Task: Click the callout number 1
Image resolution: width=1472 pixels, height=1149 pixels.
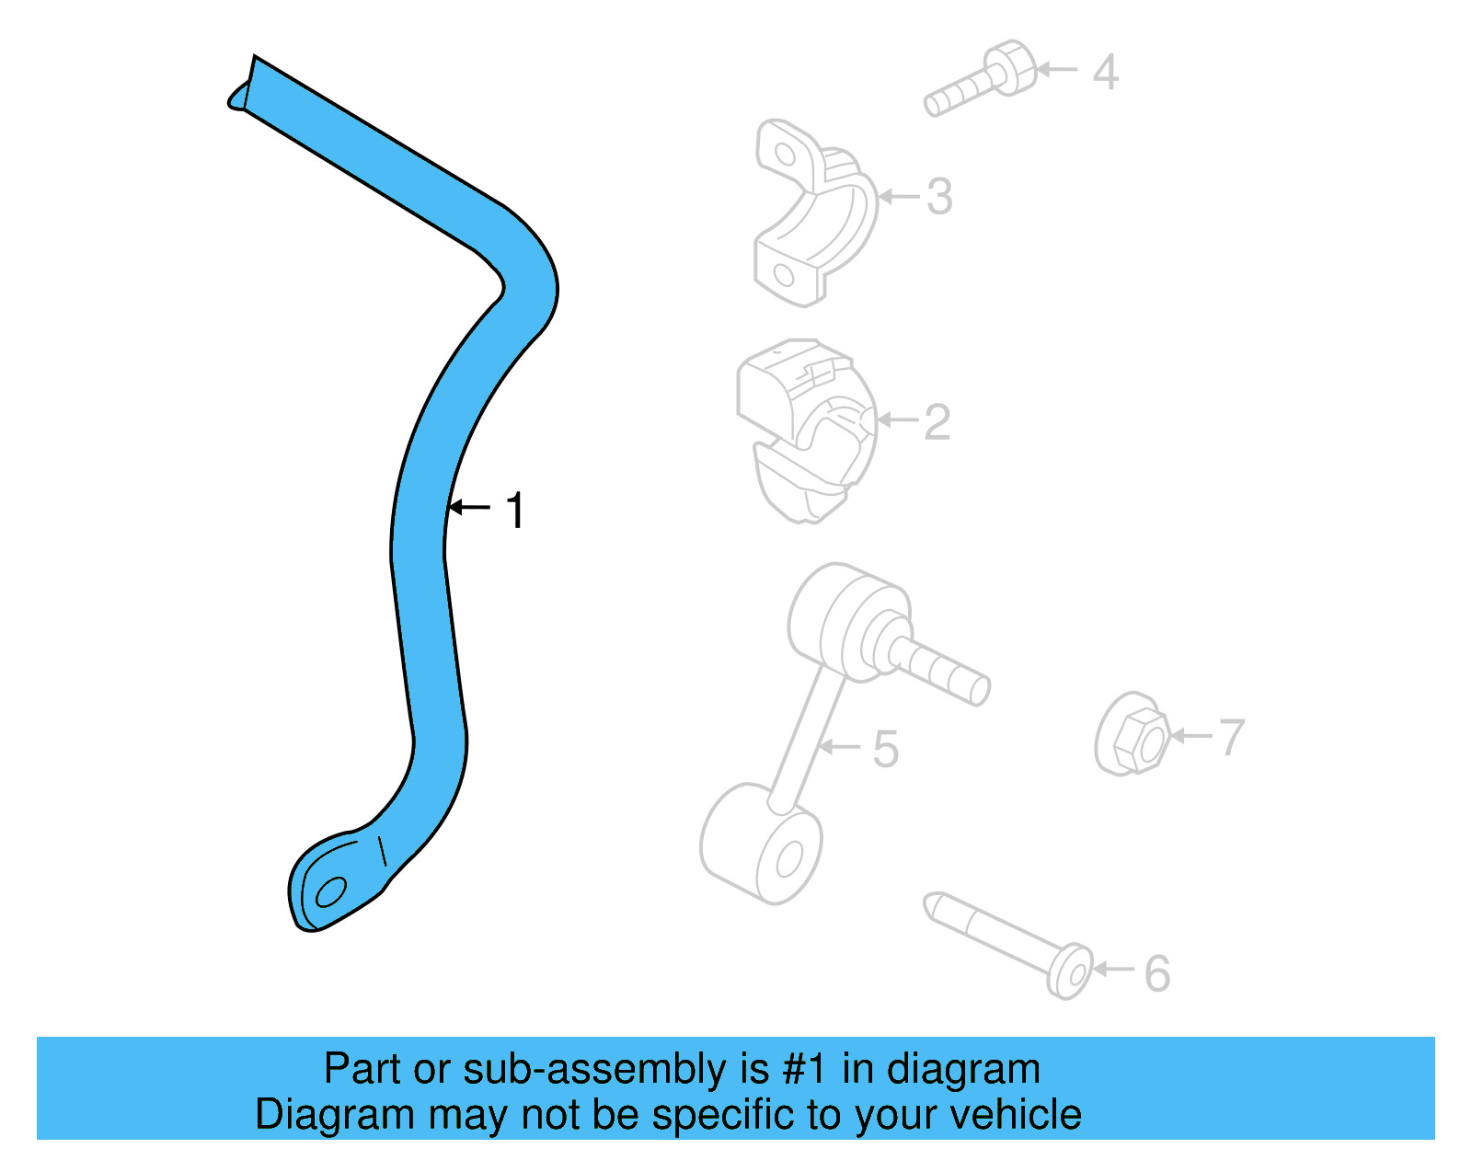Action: pos(516,511)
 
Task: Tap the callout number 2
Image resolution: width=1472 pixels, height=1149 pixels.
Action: pos(937,422)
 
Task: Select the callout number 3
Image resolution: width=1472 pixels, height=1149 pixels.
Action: pos(939,197)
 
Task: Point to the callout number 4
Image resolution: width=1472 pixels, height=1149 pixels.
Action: pos(1105,73)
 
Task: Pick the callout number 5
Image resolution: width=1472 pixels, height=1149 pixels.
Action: pos(885,749)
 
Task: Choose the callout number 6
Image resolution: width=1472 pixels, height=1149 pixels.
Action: pos(1157,973)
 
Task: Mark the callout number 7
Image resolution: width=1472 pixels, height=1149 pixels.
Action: pos(1232,738)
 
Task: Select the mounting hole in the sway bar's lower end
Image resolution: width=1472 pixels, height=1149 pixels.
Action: pos(330,892)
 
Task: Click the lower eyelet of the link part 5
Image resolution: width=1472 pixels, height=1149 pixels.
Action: pos(764,846)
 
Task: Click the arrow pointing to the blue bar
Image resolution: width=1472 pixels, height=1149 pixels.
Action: pos(469,508)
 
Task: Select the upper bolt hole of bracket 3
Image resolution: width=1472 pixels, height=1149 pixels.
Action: pos(783,153)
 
